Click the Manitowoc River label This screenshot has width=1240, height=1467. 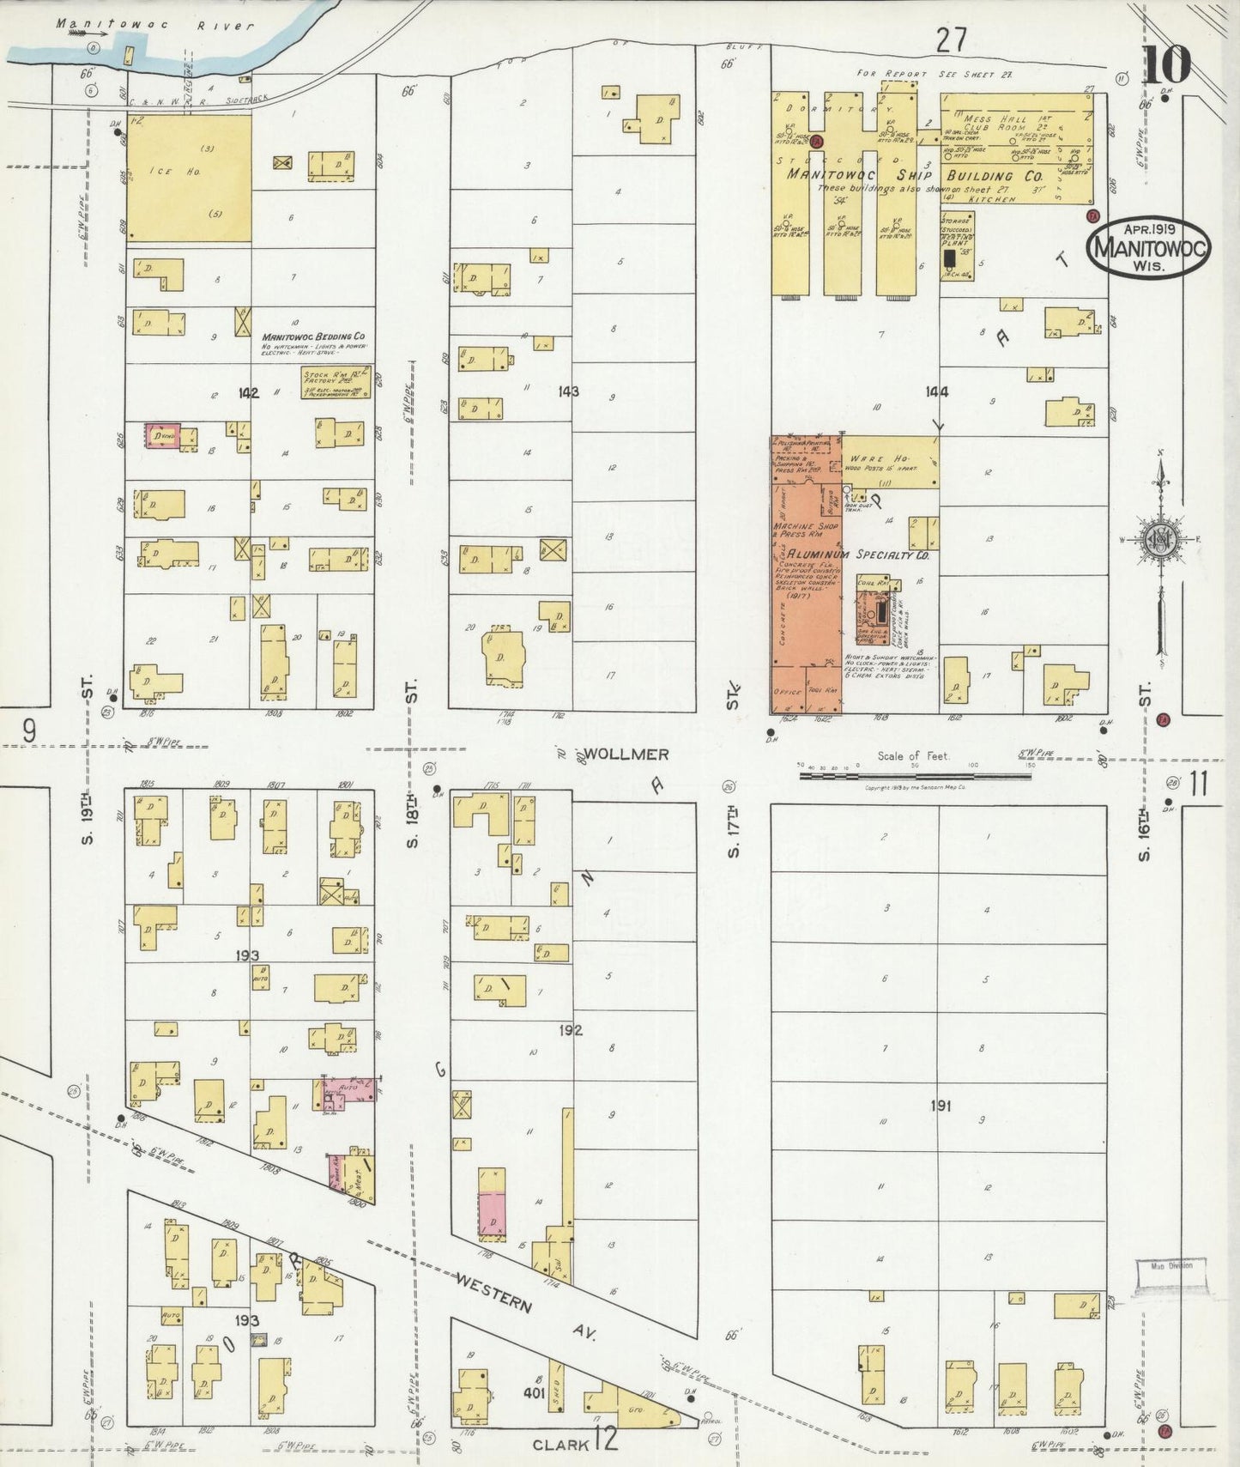pos(154,25)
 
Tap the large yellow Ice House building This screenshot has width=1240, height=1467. pos(189,179)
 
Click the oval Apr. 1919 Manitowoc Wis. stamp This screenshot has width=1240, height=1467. pos(1148,246)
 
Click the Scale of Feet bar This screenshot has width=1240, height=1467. pos(915,776)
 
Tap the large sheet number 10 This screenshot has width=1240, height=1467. pos(1166,64)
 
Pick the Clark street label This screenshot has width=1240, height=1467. pos(561,1445)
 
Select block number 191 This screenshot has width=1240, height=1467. pos(941,1106)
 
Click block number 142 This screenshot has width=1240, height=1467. pos(249,393)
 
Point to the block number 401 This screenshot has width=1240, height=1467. pos(534,1393)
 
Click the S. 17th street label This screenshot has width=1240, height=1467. pos(734,830)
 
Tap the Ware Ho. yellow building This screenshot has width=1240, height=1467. pos(889,462)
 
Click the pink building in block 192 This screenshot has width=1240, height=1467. pos(492,1213)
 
